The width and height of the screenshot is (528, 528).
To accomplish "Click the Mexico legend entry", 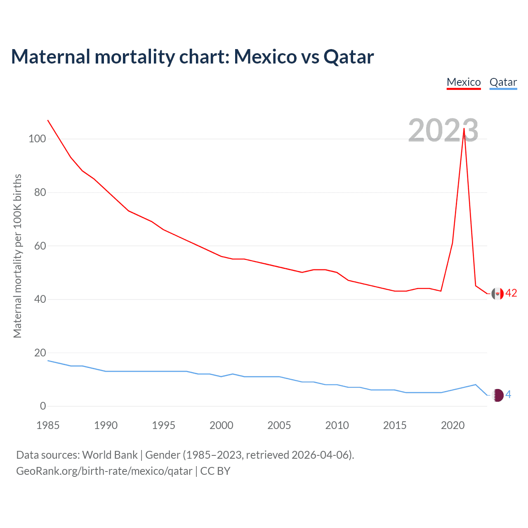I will [464, 82].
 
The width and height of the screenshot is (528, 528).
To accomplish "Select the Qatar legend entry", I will [503, 82].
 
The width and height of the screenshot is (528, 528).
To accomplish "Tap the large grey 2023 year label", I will [443, 130].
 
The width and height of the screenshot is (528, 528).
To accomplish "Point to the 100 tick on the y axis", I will [37, 139].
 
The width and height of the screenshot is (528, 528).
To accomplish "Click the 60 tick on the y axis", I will [40, 246].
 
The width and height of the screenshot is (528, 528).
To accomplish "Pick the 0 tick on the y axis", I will [43, 406].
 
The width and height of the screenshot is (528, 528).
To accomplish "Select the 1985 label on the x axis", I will [48, 425].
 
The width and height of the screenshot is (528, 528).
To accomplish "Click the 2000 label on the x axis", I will [221, 425].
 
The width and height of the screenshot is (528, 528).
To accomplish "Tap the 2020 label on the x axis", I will [453, 425].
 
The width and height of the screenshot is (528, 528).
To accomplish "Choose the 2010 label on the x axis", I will [337, 425].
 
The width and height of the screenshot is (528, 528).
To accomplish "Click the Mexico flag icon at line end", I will [497, 294].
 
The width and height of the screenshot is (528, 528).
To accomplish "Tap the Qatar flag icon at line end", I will [498, 395].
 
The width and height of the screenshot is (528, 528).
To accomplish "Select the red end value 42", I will [511, 293].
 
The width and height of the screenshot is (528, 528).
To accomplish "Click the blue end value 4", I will [508, 395].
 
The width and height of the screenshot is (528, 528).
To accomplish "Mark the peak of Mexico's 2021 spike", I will [464, 128].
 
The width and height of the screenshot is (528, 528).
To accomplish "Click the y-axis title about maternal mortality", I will [17, 256].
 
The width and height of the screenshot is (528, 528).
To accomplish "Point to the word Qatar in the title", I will [349, 57].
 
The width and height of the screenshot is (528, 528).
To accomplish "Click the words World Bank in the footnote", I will [110, 455].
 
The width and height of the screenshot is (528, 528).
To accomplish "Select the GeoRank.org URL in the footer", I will [104, 471].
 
